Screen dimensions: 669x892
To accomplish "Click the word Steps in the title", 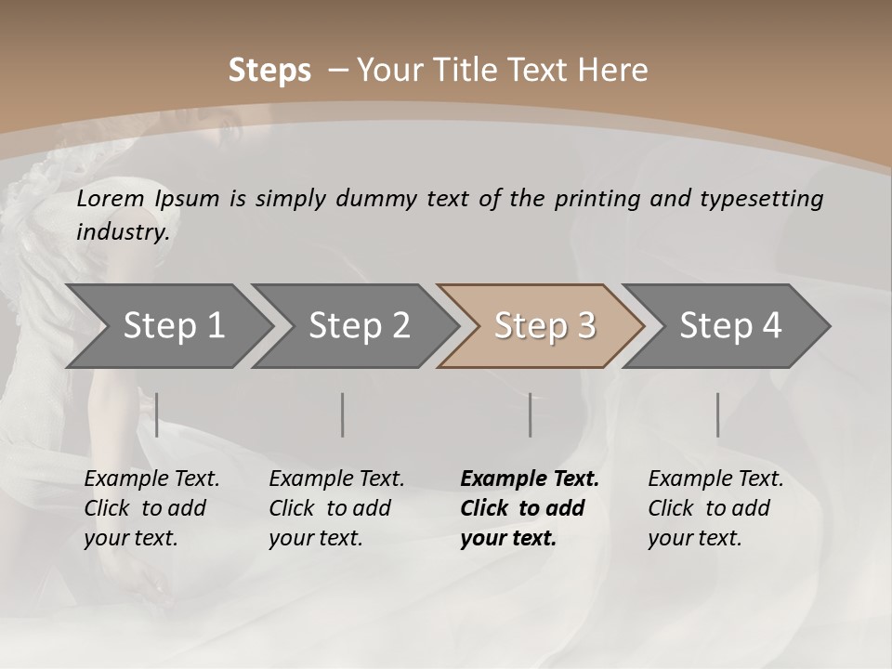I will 269,70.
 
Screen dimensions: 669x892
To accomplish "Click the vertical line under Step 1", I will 157,414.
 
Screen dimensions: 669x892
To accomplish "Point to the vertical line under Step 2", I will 343,414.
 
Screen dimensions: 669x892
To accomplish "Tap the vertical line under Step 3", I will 531,414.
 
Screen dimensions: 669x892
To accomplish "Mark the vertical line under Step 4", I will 718,414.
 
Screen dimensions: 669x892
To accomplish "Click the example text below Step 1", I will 151,507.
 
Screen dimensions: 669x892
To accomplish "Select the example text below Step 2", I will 336,507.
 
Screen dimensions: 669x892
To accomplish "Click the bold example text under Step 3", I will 529,507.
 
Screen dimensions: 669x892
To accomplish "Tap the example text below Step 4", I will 715,507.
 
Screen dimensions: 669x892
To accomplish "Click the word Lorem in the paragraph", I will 111,198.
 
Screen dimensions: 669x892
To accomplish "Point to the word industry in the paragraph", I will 122,231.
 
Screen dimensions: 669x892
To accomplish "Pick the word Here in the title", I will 616,70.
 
